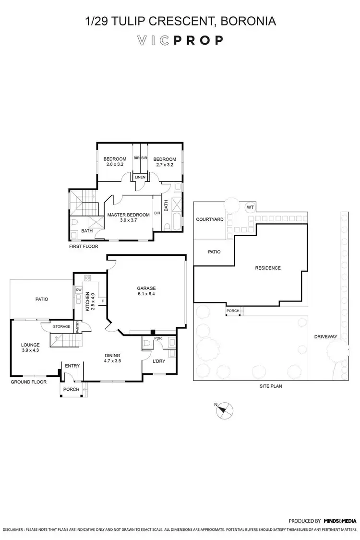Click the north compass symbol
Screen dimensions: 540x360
224,409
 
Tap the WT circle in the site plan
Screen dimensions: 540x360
250,207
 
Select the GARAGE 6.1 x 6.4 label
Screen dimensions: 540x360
146,291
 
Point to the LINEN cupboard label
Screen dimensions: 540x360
140,177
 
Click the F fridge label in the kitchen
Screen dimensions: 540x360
103,301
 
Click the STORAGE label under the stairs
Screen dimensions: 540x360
62,326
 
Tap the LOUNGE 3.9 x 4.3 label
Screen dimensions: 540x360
30,348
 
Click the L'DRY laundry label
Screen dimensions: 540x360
159,361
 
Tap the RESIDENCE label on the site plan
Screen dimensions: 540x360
267,268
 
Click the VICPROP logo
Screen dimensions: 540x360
180,40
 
